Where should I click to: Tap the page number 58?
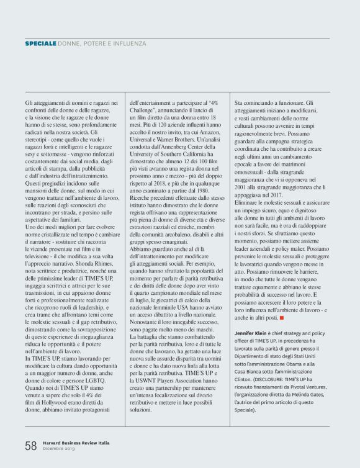(x=31, y=445)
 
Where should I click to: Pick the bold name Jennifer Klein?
(x=253, y=333)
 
